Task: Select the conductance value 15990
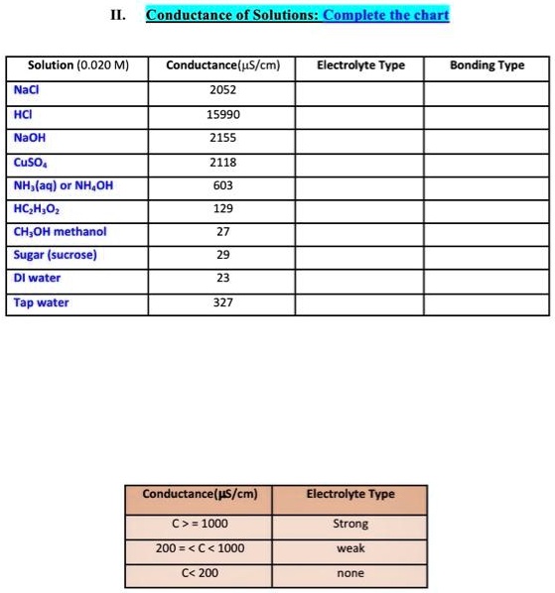click(x=223, y=114)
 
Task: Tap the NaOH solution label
click(x=30, y=138)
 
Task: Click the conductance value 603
click(x=223, y=184)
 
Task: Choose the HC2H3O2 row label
click(x=36, y=208)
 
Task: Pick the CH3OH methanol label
click(x=61, y=232)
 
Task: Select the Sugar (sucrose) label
click(x=56, y=255)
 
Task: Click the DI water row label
click(x=38, y=279)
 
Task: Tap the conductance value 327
click(x=223, y=302)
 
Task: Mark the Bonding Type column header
click(x=486, y=65)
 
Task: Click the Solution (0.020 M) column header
click(x=78, y=65)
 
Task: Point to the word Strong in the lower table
click(x=350, y=523)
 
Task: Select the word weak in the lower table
click(x=350, y=547)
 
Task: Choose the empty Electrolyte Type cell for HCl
click(x=360, y=114)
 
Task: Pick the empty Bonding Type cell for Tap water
click(x=486, y=302)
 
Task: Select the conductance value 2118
click(x=223, y=162)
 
